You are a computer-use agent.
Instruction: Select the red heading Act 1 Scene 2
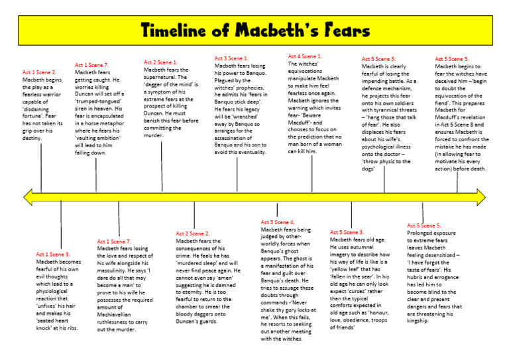(40, 72)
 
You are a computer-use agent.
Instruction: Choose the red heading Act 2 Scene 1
(160, 62)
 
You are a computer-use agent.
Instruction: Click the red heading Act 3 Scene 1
(231, 58)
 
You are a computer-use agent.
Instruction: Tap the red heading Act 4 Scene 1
(305, 56)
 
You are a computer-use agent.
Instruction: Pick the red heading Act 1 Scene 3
(52, 255)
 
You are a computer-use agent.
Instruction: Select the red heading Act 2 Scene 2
(193, 233)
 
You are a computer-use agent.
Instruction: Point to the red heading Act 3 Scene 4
(278, 222)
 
